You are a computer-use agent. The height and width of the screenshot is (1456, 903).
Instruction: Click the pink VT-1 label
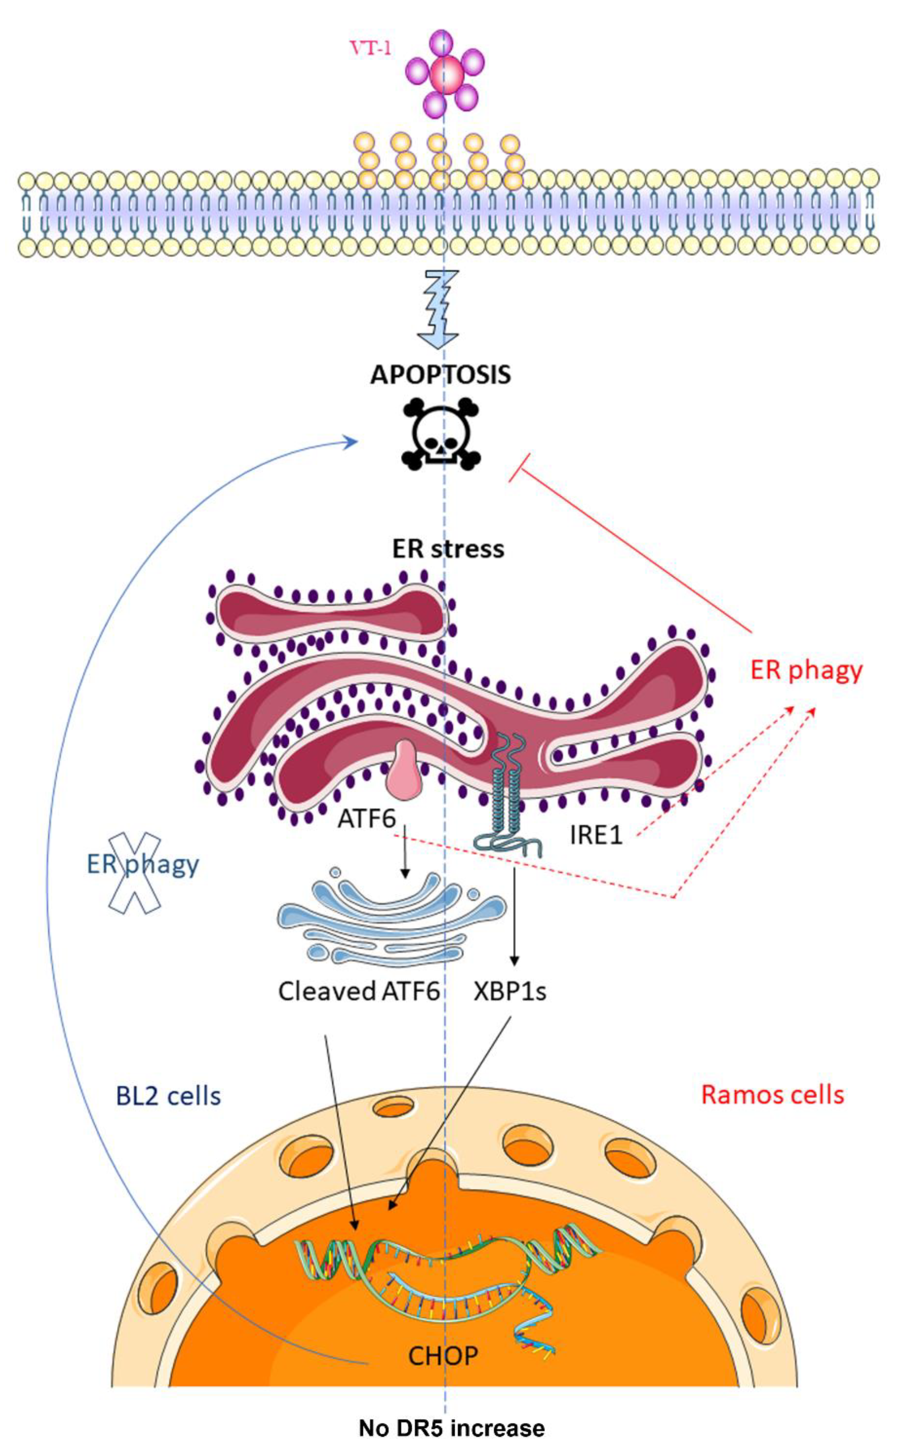371,48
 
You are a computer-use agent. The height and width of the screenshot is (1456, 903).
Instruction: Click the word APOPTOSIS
441,375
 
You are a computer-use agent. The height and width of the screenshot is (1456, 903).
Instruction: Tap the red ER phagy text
806,670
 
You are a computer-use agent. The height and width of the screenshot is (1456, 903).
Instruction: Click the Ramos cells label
772,1094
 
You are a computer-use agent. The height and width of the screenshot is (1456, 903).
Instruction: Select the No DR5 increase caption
451,1428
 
